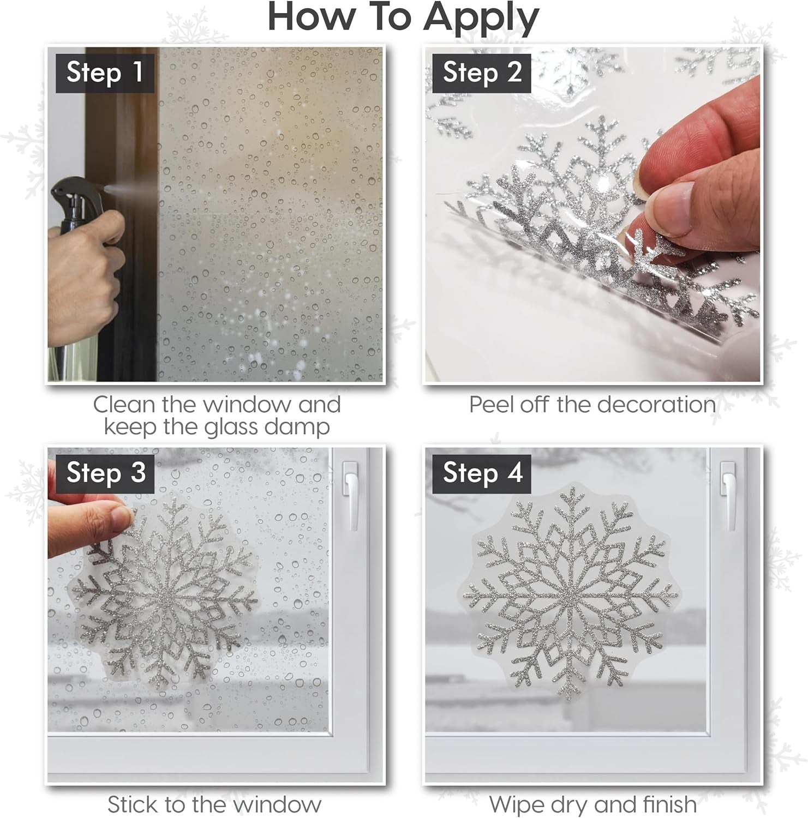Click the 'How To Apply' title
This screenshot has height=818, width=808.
pos(403,17)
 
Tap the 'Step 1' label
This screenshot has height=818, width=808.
pos(105,73)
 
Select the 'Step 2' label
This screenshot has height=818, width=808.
pos(482,73)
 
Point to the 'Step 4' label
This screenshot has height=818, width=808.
pos(482,472)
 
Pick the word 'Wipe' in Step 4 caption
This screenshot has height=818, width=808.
pos(515,804)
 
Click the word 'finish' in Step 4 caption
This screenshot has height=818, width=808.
pos(669,804)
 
